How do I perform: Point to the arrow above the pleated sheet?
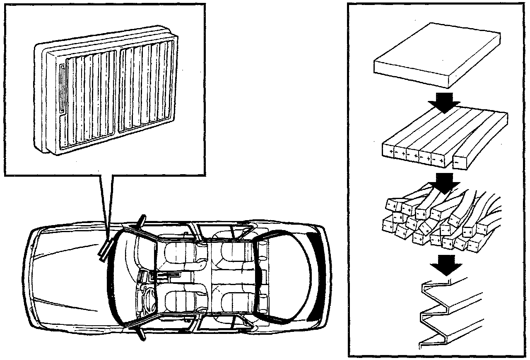(x=445, y=265)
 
